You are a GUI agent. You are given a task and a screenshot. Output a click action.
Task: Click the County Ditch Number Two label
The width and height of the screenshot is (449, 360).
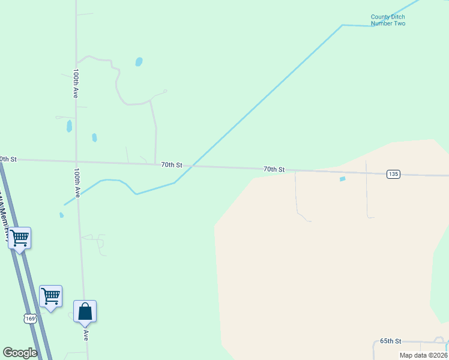pyautogui.click(x=388, y=20)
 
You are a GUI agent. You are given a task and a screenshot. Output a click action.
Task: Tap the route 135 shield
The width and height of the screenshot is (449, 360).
pyautogui.click(x=393, y=174)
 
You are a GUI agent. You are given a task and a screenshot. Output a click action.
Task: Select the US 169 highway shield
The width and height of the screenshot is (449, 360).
pyautogui.click(x=29, y=319)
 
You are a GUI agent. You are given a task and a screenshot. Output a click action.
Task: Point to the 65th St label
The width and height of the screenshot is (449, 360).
pyautogui.click(x=390, y=341)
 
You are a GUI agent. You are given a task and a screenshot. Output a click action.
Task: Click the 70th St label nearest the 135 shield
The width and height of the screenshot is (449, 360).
pyautogui.click(x=274, y=169)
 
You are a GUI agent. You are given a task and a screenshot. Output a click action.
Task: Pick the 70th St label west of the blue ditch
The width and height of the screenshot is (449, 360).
pyautogui.click(x=171, y=164)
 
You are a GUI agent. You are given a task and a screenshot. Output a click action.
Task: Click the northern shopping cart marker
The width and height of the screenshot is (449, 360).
pyautogui.click(x=20, y=238)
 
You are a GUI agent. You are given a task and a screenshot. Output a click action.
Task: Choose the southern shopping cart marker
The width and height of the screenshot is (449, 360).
pyautogui.click(x=50, y=296)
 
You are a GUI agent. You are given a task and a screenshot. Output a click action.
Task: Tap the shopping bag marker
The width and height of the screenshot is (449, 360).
pyautogui.click(x=85, y=311)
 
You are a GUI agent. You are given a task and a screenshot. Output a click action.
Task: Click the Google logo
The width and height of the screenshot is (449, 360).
pyautogui.click(x=20, y=353)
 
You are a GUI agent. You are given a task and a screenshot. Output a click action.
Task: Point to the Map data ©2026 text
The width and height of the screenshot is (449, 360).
pyautogui.click(x=423, y=355)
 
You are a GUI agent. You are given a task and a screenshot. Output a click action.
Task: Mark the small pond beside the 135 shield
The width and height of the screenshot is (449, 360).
pyautogui.click(x=343, y=179)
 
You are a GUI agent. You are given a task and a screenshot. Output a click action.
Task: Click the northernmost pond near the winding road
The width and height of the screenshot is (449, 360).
pyautogui.click(x=139, y=62)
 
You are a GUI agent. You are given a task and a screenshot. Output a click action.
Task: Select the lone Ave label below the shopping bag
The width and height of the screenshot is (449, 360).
pyautogui.click(x=86, y=335)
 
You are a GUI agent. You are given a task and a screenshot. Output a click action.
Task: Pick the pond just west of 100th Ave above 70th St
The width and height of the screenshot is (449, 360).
pyautogui.click(x=69, y=126)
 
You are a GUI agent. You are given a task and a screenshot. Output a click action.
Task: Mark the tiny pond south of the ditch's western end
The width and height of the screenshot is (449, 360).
pyautogui.click(x=61, y=215)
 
